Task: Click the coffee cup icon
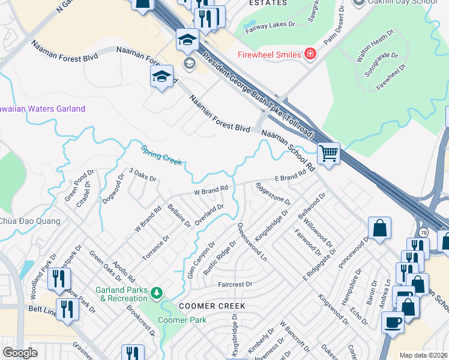coord(393,322)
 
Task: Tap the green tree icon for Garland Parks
coord(157,292)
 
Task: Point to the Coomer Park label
coord(182,320)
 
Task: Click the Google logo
coord(20,353)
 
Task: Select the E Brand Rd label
coord(295,175)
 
